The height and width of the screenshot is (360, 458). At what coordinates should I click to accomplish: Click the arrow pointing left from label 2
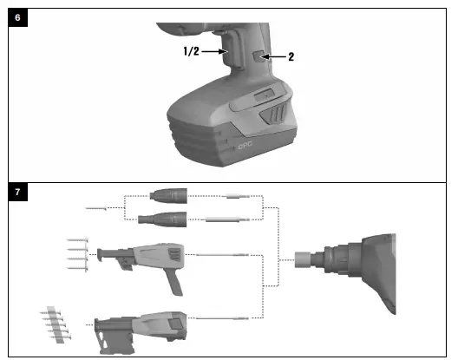[x=275, y=56]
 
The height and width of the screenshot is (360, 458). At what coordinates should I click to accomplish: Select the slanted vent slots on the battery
[x=277, y=113]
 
